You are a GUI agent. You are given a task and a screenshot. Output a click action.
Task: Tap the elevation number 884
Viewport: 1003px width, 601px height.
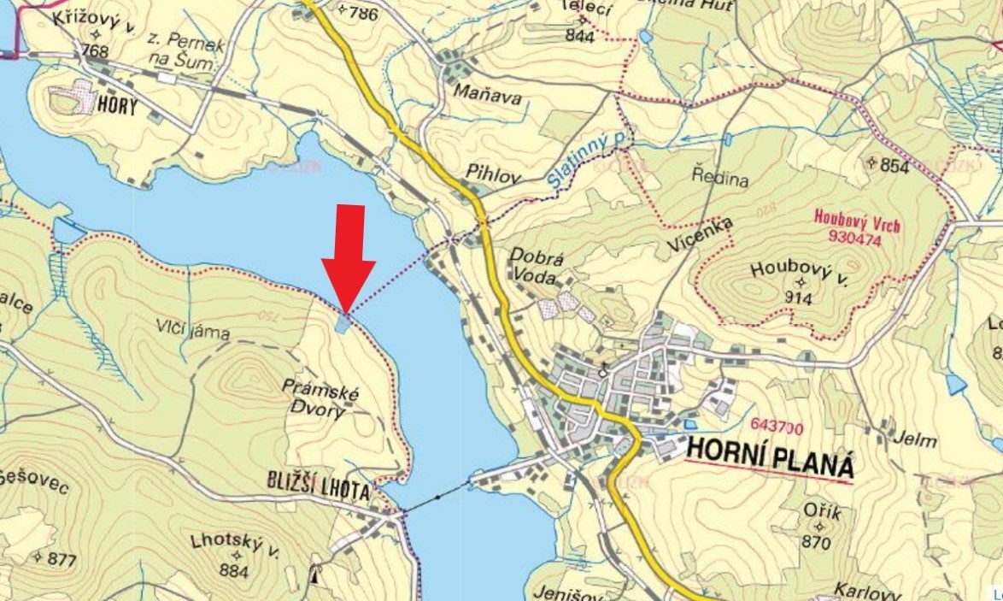[233, 569]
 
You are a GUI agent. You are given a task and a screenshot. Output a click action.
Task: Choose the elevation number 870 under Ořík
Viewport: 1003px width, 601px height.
[816, 542]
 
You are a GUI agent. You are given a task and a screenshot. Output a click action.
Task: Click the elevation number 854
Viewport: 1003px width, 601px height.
[894, 167]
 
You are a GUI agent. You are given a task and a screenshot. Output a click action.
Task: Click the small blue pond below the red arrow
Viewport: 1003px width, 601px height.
[343, 324]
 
